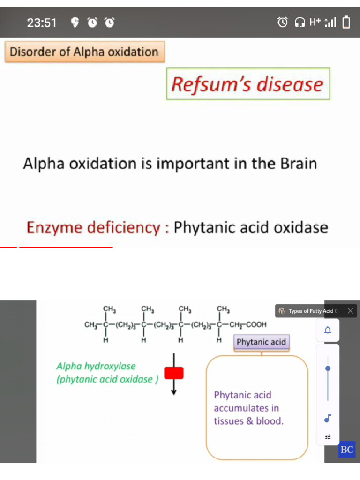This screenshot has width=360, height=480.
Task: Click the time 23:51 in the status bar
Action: [x=42, y=23]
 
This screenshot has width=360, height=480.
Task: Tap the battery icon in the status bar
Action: [x=346, y=22]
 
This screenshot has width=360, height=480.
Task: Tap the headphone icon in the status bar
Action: [x=300, y=22]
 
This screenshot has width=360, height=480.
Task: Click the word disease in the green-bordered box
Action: [x=290, y=84]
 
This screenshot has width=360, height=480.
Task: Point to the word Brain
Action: [x=299, y=163]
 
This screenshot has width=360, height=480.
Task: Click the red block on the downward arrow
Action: [x=174, y=373]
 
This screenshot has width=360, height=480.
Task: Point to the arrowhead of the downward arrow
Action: [x=174, y=392]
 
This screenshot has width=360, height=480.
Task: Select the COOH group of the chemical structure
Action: [x=256, y=324]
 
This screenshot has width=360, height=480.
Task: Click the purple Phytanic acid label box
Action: [x=262, y=342]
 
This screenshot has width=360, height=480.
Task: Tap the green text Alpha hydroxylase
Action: [x=96, y=366]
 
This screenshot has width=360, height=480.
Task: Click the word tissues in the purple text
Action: [x=229, y=421]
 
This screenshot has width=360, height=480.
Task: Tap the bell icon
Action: [x=328, y=330]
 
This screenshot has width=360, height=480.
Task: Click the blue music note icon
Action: [x=328, y=418]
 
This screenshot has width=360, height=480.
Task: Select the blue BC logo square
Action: [x=347, y=450]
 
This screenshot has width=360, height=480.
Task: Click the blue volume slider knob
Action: [x=328, y=368]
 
